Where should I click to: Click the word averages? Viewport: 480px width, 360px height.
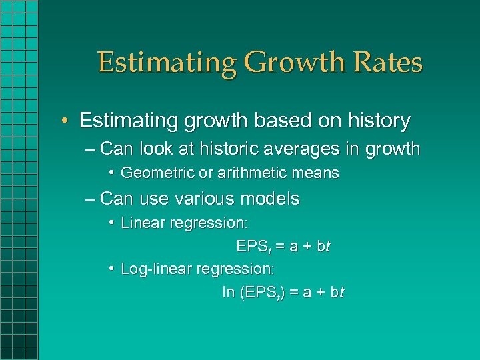(301, 149)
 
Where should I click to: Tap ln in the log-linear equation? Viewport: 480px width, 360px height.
(229, 293)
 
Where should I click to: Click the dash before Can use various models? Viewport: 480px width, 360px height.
(91, 199)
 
